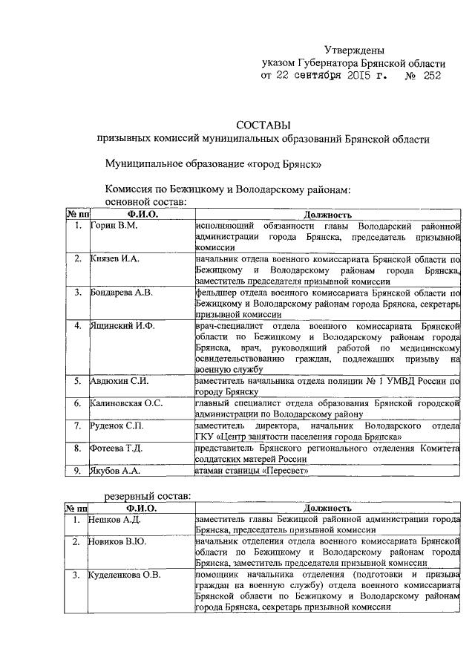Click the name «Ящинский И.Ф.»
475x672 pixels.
122,326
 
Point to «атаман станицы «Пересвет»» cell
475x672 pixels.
250,470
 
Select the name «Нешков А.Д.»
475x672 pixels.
115,519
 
